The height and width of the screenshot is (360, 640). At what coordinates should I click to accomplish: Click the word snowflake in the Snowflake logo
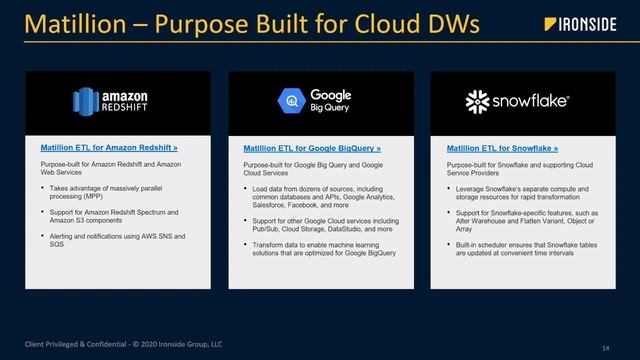click(529, 102)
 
